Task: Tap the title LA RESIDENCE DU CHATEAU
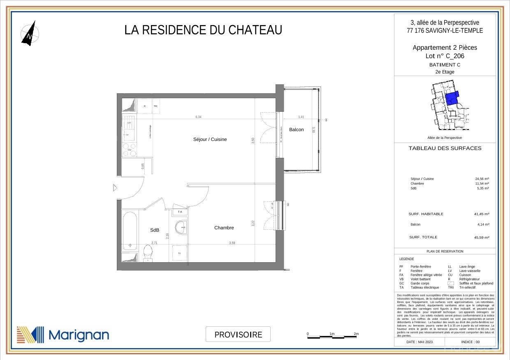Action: pyautogui.click(x=203, y=30)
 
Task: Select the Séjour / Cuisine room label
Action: pyautogui.click(x=210, y=139)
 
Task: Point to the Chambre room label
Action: pyautogui.click(x=224, y=228)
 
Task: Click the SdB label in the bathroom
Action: pyautogui.click(x=155, y=230)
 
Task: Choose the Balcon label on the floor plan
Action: pyautogui.click(x=296, y=130)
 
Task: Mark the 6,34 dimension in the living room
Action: pyautogui.click(x=199, y=117)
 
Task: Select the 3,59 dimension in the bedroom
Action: pyautogui.click(x=232, y=243)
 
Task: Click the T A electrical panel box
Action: pyautogui.click(x=180, y=212)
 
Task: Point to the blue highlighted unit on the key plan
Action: pyautogui.click(x=452, y=98)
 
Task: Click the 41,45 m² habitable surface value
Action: pyautogui.click(x=482, y=214)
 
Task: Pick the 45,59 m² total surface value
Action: pyautogui.click(x=482, y=238)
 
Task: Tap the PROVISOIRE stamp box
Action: pyautogui.click(x=238, y=334)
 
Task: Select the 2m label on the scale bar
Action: pyautogui.click(x=356, y=334)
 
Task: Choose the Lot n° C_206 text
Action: pyautogui.click(x=445, y=56)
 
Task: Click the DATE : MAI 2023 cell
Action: pyautogui.click(x=420, y=342)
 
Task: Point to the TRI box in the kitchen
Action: pyautogui.click(x=155, y=106)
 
